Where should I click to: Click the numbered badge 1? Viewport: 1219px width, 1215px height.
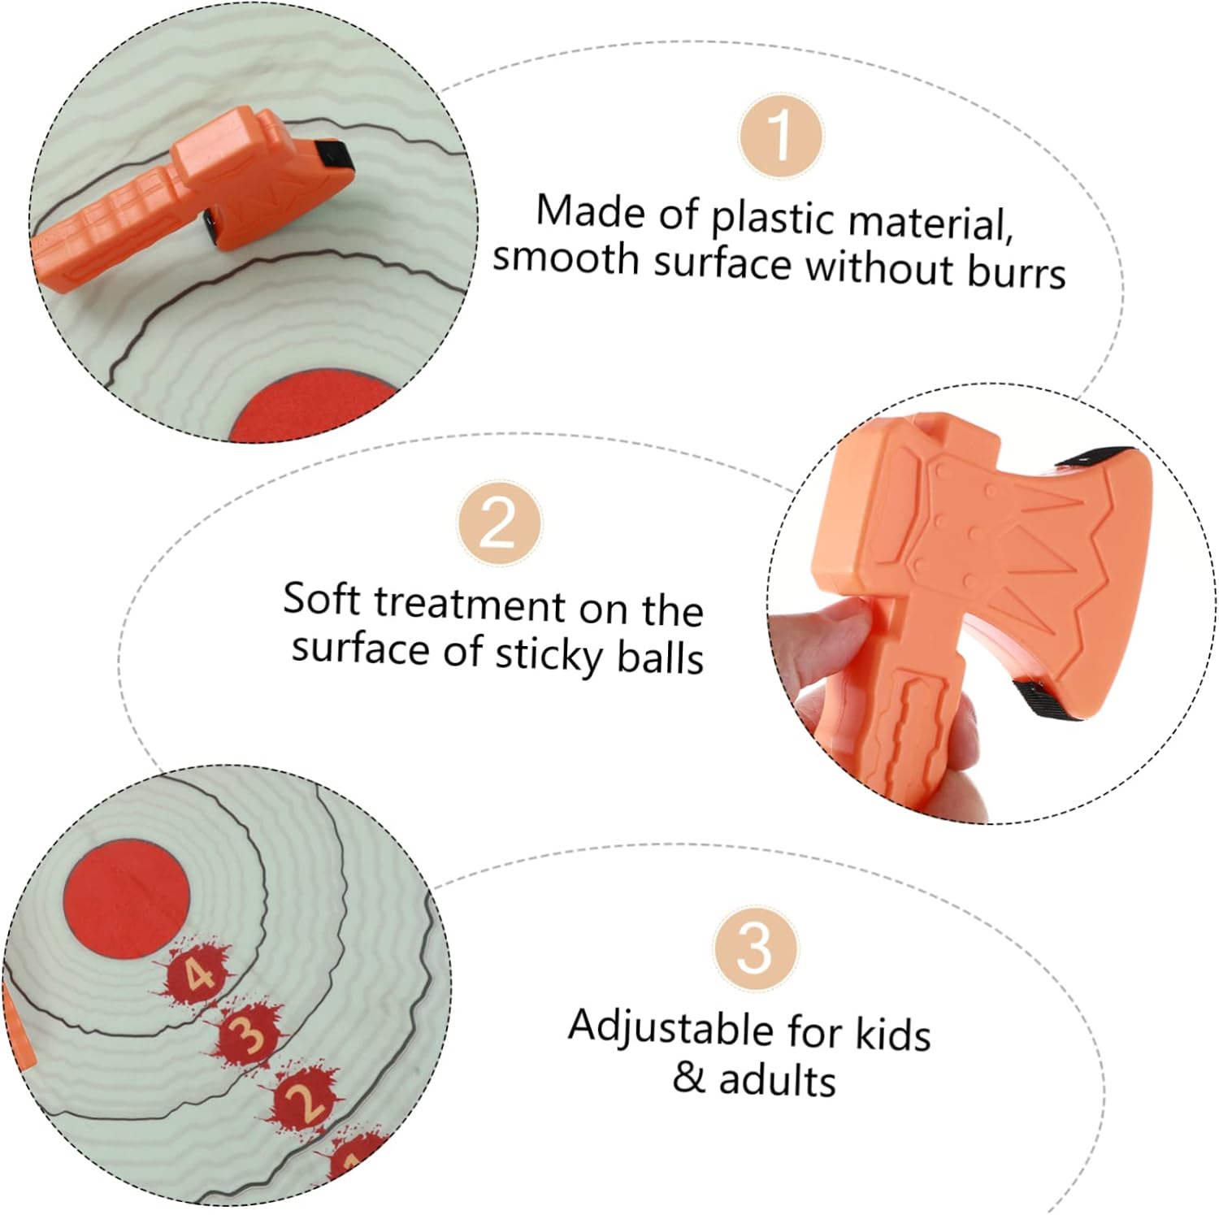(780, 137)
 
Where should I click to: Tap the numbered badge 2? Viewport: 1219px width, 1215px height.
(499, 523)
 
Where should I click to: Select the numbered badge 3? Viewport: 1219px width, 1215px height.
(756, 948)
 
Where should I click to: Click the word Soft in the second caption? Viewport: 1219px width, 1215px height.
(321, 600)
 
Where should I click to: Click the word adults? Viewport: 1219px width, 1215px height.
(777, 1080)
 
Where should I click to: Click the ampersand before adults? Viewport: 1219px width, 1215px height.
(689, 1078)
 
